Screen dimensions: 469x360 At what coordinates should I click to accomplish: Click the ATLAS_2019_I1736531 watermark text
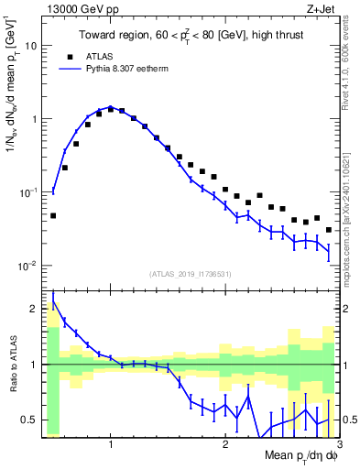[x=190, y=274]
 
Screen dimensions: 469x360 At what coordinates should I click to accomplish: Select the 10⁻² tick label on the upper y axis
[x=28, y=266]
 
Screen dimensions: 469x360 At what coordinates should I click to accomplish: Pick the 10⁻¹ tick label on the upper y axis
[x=28, y=192]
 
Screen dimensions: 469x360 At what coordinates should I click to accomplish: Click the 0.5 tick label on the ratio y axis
[x=29, y=420]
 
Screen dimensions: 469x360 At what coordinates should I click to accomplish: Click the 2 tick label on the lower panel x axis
[x=224, y=446]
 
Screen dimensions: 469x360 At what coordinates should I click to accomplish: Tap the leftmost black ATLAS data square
[x=53, y=216]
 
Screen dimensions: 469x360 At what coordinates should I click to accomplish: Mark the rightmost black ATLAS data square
[x=329, y=230]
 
